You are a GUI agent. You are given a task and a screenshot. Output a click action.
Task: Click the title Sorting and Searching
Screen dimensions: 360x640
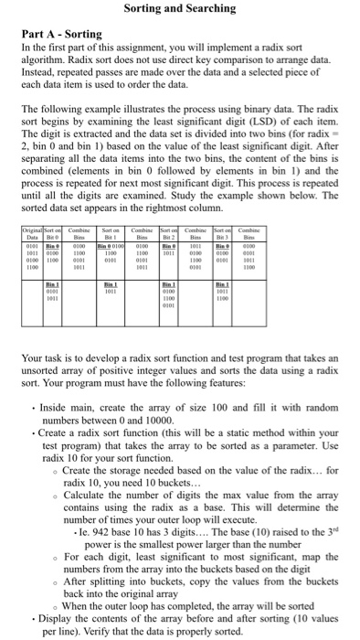point(179,9)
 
